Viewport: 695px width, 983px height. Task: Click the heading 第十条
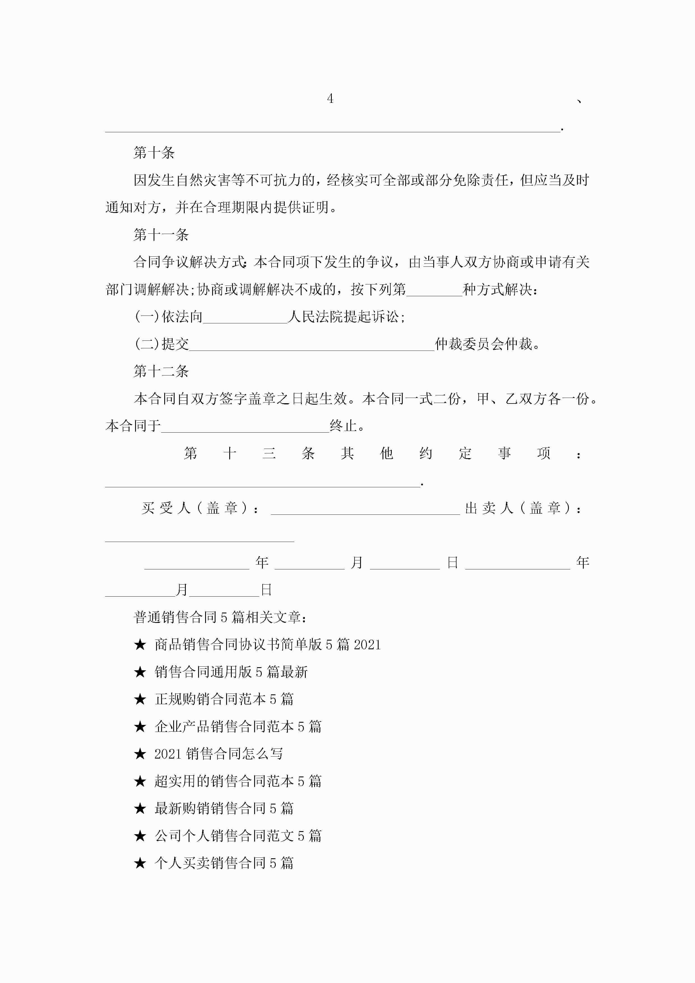tap(154, 153)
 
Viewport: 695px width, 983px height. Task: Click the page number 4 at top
tap(330, 99)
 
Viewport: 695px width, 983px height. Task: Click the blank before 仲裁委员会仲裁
tap(312, 345)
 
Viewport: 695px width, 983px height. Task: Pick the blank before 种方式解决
tap(434, 290)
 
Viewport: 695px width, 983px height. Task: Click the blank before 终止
tap(245, 427)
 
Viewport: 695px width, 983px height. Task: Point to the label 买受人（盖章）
tap(200, 508)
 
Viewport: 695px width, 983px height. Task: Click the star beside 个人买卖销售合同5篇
tap(140, 863)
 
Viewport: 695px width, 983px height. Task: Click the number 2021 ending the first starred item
tap(367, 645)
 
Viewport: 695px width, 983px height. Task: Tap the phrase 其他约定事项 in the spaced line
tap(445, 453)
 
